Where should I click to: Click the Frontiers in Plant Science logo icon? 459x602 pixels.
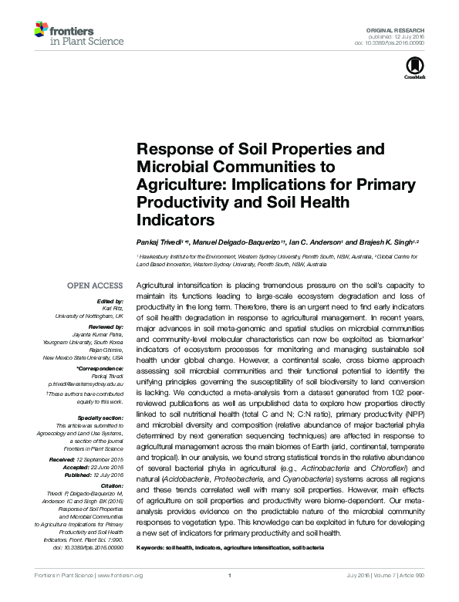(x=40, y=32)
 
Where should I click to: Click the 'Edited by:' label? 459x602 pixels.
(x=110, y=301)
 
